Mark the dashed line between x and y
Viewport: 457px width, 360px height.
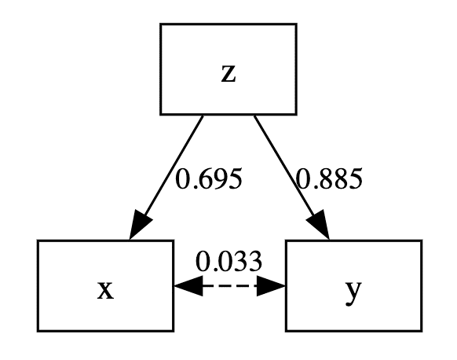click(228, 286)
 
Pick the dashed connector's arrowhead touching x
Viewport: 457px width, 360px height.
click(185, 286)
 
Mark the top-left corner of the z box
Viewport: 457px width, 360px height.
click(161, 24)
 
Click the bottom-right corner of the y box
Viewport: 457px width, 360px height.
click(421, 330)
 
